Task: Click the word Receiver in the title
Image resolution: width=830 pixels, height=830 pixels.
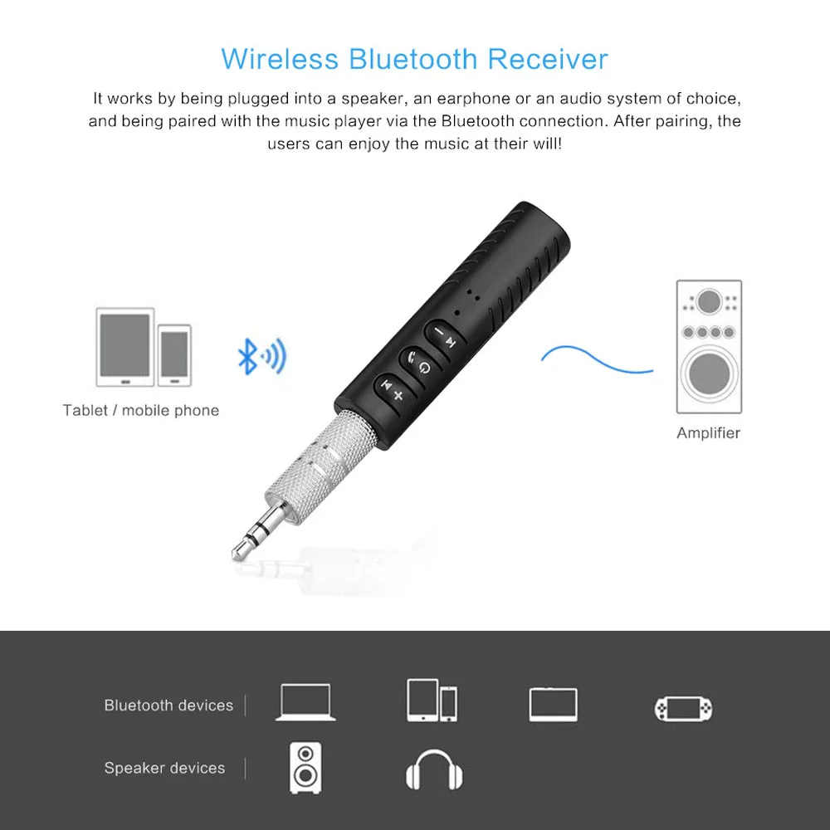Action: tap(548, 60)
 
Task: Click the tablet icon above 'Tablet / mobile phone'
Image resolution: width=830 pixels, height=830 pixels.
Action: tap(125, 346)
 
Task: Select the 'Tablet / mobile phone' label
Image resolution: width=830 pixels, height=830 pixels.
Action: tap(140, 410)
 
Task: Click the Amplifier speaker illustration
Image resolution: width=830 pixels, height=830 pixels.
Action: tap(708, 346)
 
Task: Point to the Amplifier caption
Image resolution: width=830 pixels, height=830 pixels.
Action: tap(708, 433)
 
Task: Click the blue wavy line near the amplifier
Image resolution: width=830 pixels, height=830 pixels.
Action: tap(596, 359)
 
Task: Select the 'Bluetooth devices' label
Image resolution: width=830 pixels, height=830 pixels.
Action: tap(168, 705)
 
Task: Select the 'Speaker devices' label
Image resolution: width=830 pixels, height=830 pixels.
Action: tap(164, 769)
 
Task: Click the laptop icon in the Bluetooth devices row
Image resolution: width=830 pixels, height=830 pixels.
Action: tap(305, 703)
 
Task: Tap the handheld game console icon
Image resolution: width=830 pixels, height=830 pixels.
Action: tap(683, 707)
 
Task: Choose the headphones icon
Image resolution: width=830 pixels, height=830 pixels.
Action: tap(434, 771)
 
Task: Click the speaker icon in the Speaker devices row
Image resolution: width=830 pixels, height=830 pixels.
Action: tap(305, 769)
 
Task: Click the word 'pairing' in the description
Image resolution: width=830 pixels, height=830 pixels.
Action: tap(677, 121)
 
